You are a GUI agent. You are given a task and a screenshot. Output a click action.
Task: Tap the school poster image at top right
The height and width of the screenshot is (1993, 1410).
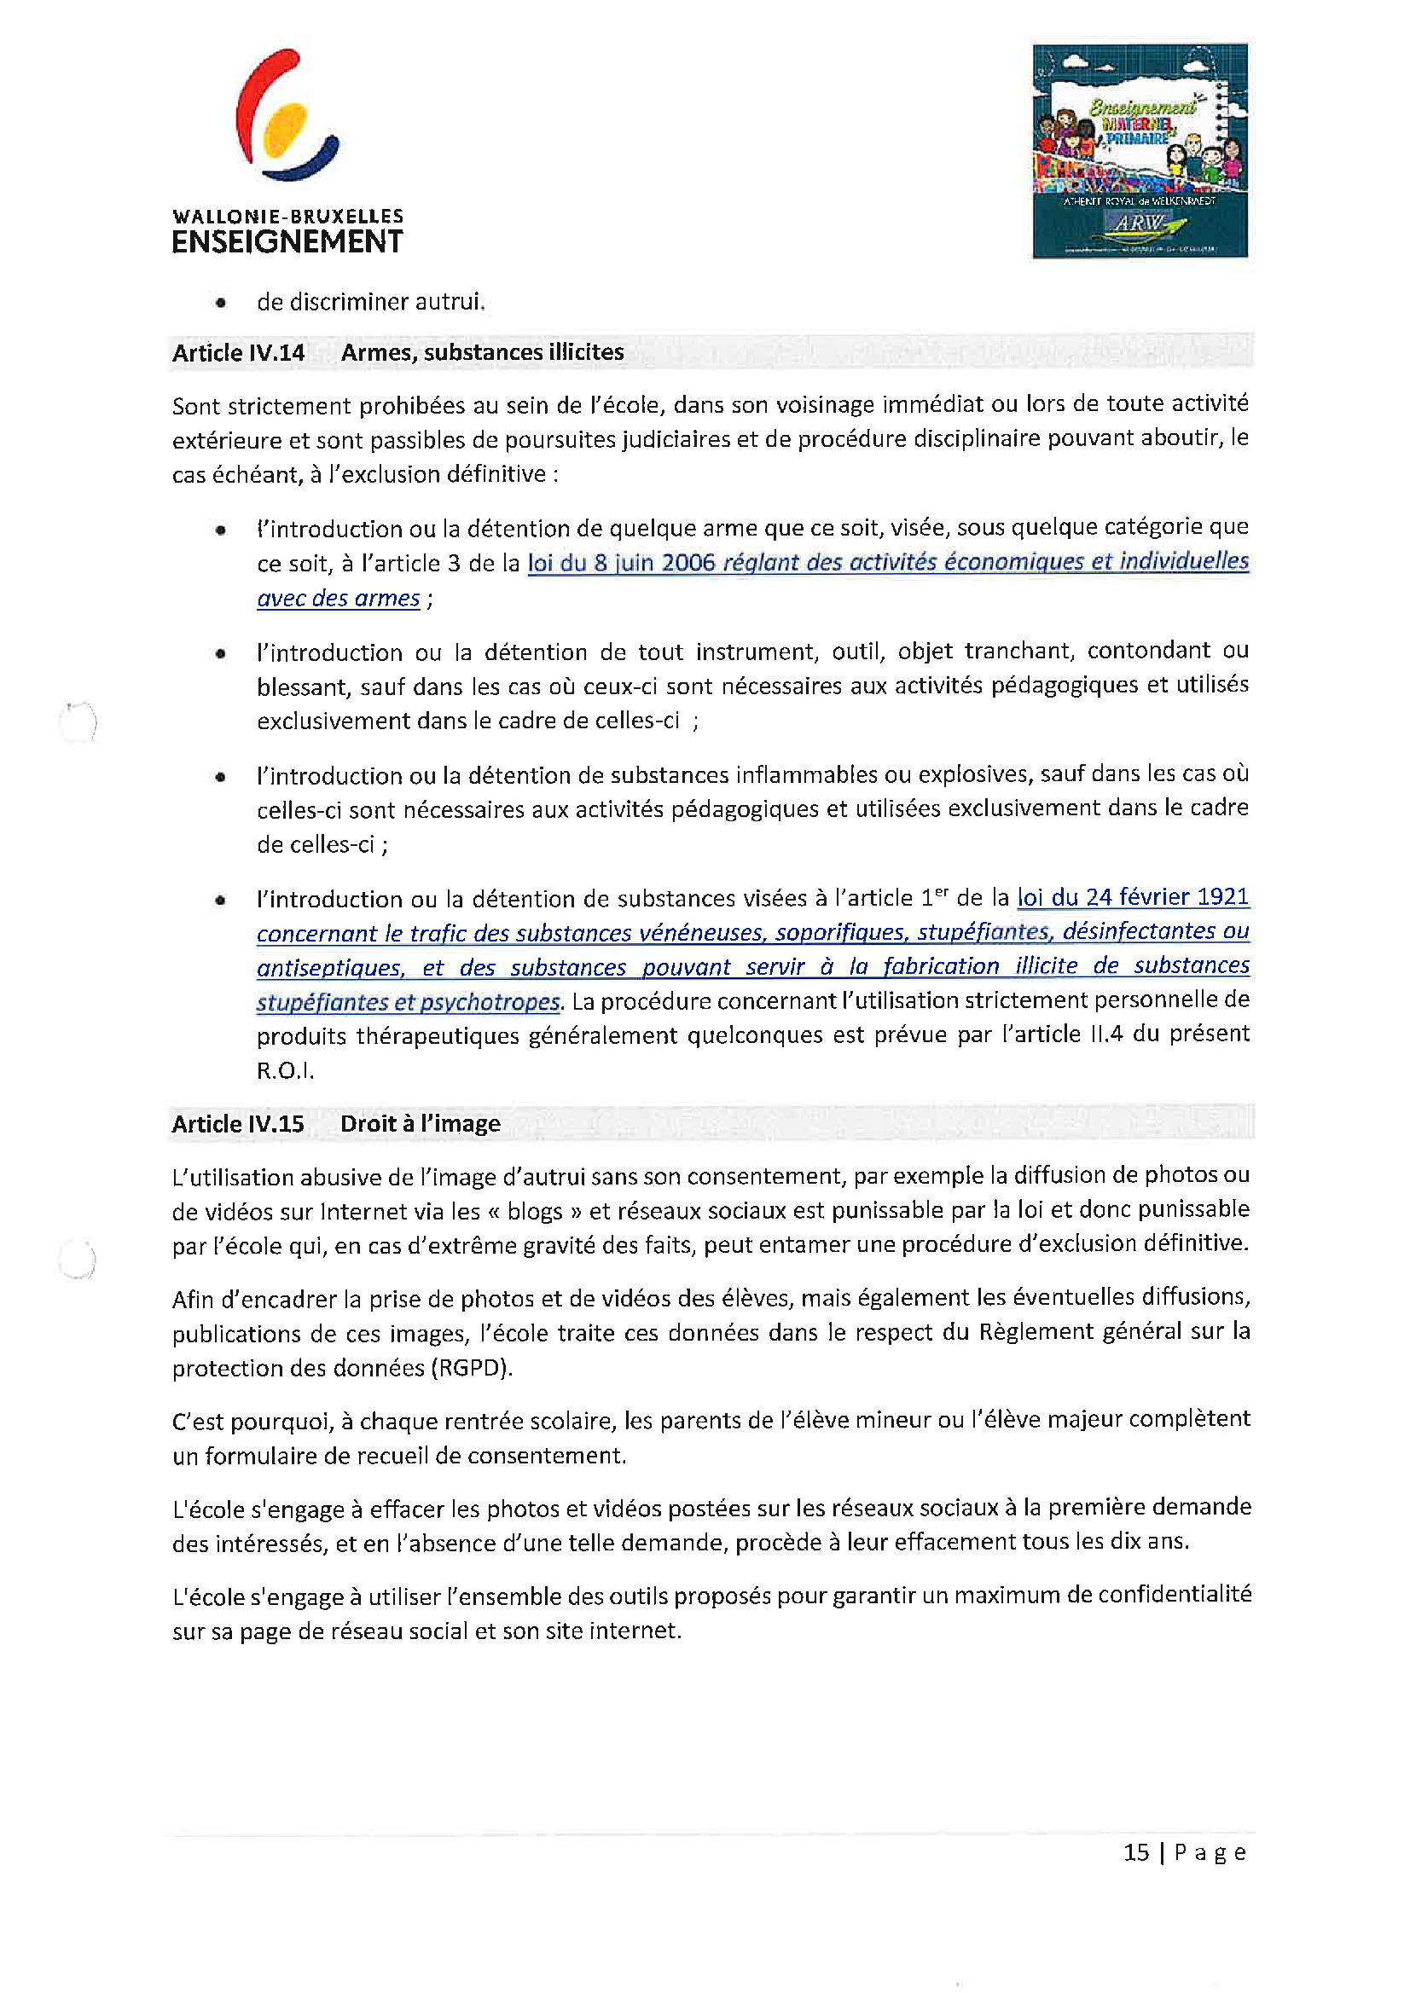coord(1139,151)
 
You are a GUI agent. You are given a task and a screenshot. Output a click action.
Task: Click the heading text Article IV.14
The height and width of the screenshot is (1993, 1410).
coord(238,353)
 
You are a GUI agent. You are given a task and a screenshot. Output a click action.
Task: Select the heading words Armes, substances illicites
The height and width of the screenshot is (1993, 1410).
coord(482,352)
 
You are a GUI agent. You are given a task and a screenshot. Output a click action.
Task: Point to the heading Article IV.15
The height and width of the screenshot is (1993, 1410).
coord(237,1124)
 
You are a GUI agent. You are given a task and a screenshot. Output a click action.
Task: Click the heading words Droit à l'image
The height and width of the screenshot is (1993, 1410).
coord(421,1124)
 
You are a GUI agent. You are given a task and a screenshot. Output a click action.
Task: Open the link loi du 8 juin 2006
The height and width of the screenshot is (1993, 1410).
coord(621,564)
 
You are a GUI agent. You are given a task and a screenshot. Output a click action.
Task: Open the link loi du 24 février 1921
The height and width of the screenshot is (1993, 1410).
coord(1132,896)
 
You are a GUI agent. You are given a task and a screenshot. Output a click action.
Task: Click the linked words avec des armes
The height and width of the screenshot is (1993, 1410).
coord(338,599)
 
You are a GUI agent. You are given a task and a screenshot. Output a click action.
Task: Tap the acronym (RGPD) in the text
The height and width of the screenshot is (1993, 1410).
coord(473,1369)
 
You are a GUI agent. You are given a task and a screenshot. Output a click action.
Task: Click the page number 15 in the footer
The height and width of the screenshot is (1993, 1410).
coord(1135,1852)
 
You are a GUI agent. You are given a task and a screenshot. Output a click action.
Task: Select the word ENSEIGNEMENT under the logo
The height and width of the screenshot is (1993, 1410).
coord(287,242)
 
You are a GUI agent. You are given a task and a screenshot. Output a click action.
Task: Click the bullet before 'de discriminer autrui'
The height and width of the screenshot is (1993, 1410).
coord(222,303)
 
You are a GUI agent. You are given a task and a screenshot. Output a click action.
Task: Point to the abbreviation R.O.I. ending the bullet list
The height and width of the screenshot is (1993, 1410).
coord(285,1071)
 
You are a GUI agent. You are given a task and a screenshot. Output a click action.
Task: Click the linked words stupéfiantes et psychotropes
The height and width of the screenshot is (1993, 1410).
coord(408,1003)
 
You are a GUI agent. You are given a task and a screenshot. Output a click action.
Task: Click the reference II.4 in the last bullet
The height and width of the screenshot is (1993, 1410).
coord(1106,1034)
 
